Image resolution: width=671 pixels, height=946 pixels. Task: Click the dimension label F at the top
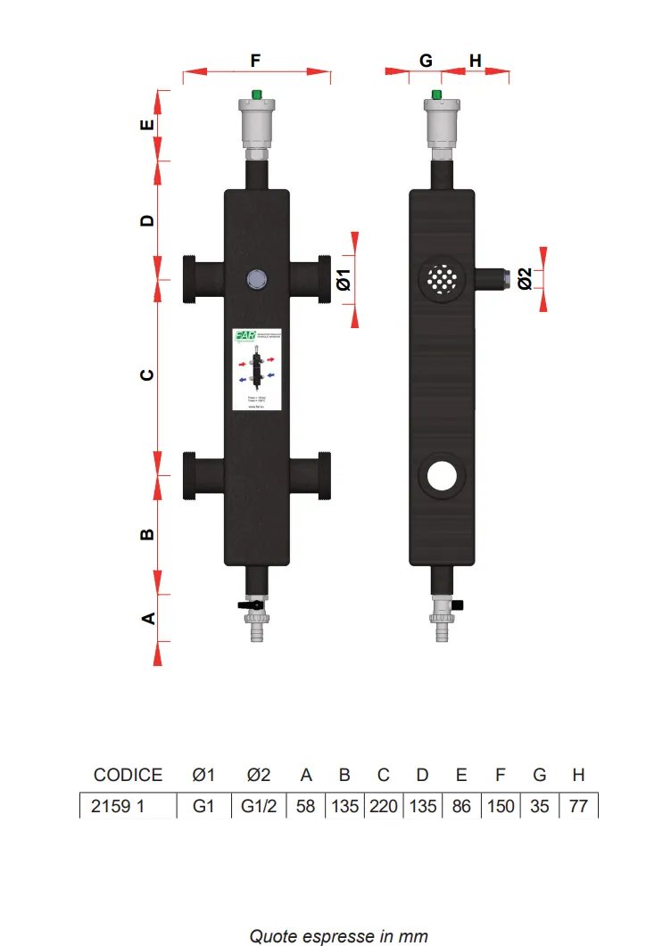(255, 61)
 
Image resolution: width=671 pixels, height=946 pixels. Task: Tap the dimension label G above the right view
(426, 61)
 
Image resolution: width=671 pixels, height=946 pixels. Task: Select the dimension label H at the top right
(475, 61)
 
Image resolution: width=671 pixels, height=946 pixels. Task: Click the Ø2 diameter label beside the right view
(525, 279)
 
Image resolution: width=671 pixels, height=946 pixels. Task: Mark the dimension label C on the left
(148, 374)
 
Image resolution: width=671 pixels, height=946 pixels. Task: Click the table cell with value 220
(384, 806)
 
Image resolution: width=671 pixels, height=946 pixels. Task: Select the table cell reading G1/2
(260, 806)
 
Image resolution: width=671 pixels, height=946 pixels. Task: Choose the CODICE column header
(128, 775)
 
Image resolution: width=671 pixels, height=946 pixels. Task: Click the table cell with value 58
(305, 806)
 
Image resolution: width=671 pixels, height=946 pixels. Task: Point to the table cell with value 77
(578, 806)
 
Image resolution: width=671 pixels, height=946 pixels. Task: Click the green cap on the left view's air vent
(256, 93)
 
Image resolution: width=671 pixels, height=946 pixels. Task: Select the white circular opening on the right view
(440, 475)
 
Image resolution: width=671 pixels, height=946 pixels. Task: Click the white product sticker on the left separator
(256, 370)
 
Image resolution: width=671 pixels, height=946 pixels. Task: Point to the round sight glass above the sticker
(256, 279)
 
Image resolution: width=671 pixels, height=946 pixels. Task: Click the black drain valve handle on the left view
(247, 606)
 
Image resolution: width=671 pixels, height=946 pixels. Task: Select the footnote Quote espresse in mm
(338, 936)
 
